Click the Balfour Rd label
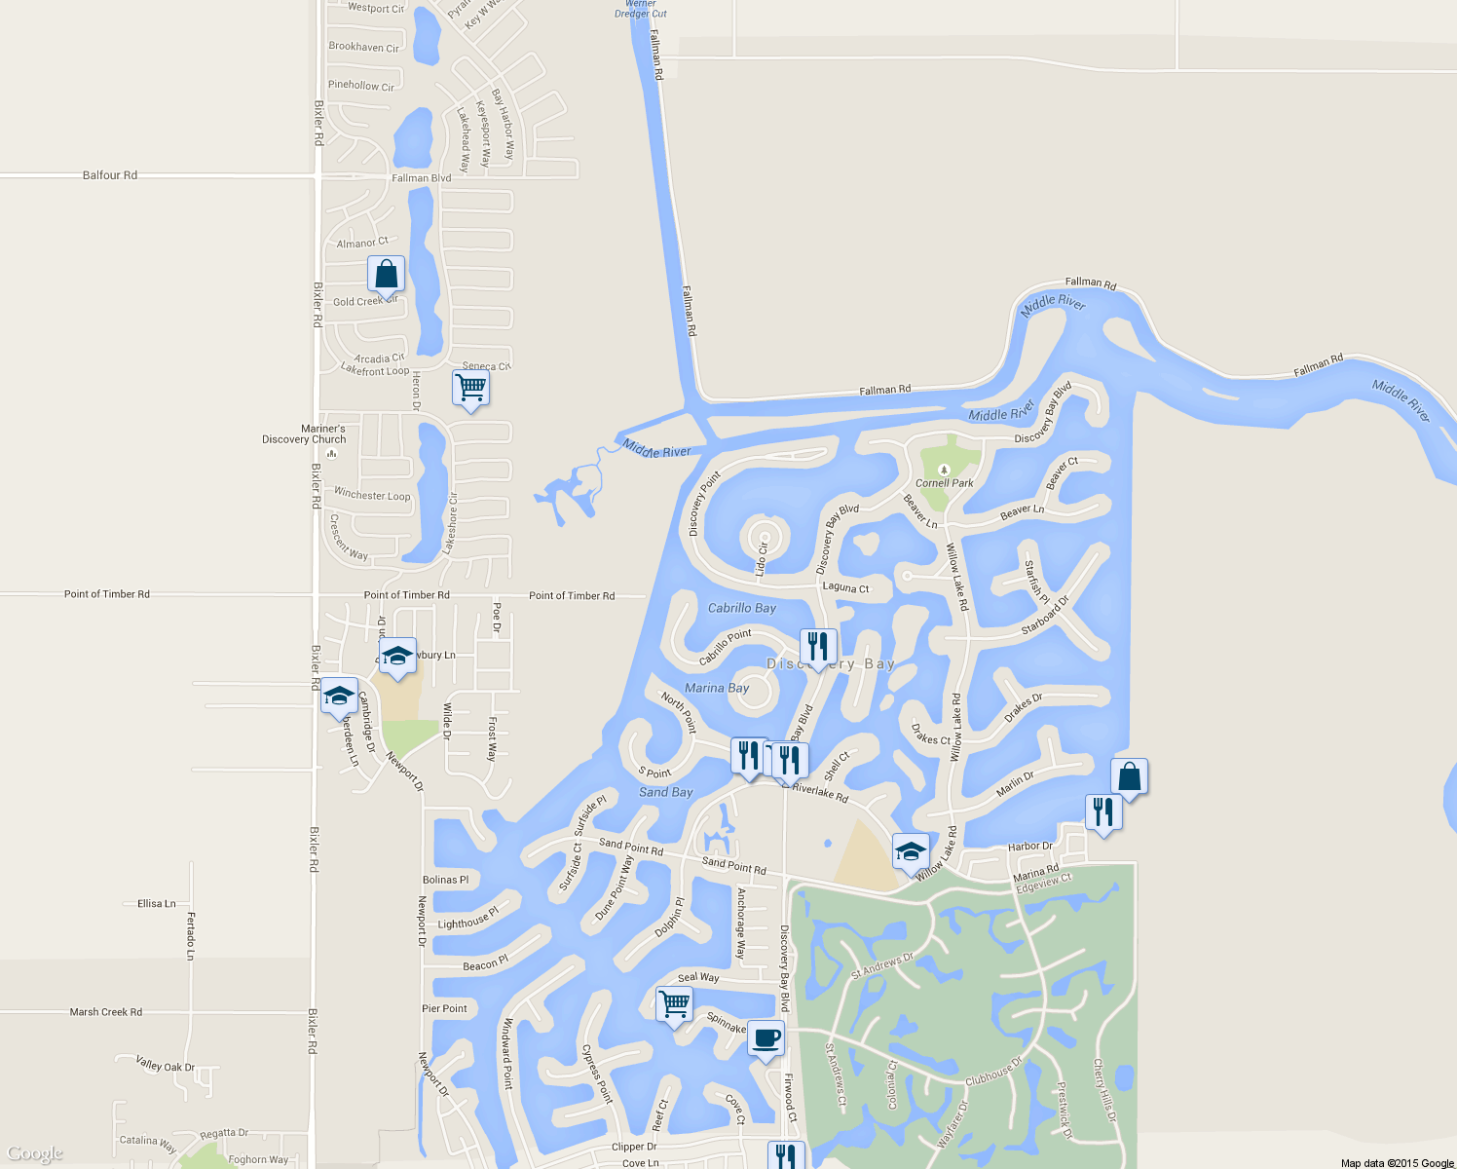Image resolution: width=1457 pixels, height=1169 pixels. tap(110, 175)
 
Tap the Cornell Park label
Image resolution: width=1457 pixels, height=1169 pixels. tap(944, 482)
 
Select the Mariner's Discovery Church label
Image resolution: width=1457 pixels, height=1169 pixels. tap(304, 434)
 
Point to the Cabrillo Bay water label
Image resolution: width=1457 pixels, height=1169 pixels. tap(741, 608)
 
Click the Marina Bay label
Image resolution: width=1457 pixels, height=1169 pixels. tap(717, 688)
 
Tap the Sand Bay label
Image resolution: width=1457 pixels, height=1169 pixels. tap(666, 792)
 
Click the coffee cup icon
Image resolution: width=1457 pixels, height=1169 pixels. tap(766, 1037)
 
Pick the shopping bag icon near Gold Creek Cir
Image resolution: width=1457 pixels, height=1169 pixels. tap(386, 274)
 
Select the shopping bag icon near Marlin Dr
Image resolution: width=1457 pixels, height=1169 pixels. tap(1129, 776)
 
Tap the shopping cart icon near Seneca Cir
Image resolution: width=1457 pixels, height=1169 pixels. tap(471, 388)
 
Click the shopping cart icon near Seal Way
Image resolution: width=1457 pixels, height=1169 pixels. tap(674, 1003)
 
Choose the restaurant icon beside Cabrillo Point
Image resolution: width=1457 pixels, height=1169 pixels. tap(818, 646)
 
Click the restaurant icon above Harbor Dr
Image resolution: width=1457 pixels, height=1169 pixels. tap(1103, 811)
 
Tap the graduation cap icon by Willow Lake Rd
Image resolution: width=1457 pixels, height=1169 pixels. tap(911, 851)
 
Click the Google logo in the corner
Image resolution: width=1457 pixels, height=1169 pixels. tap(35, 1154)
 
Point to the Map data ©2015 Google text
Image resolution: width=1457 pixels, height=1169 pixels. tap(1397, 1163)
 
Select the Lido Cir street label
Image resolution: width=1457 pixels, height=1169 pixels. tap(762, 559)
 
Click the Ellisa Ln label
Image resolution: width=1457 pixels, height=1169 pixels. tap(157, 904)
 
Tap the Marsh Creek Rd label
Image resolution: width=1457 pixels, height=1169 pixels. tap(106, 1012)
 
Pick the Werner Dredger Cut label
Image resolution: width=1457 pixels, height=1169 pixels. tap(641, 9)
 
